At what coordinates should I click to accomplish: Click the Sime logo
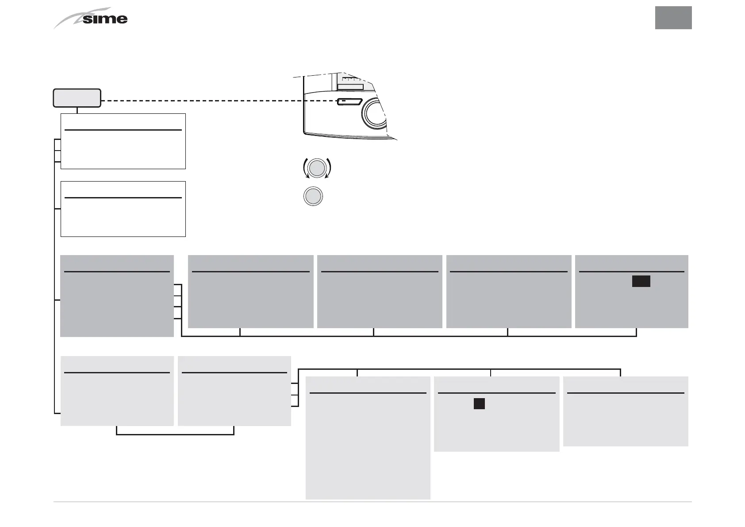(x=91, y=19)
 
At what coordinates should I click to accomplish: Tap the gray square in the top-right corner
(x=673, y=18)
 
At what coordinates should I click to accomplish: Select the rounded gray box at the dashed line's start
(x=77, y=98)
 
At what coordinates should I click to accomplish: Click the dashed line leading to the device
(x=219, y=101)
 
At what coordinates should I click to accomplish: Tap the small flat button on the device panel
(x=349, y=102)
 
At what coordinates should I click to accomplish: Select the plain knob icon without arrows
(x=313, y=196)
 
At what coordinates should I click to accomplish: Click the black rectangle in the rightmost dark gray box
(x=641, y=281)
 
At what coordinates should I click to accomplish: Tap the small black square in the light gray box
(x=479, y=403)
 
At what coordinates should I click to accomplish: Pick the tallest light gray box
(x=368, y=438)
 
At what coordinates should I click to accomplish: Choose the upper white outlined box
(x=123, y=141)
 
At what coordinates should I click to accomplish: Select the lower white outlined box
(x=123, y=209)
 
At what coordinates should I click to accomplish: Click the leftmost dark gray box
(x=117, y=296)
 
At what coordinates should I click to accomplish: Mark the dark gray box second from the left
(x=250, y=291)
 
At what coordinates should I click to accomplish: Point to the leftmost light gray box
(x=117, y=391)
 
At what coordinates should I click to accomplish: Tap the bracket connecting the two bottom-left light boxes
(x=175, y=434)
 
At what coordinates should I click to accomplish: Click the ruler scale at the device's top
(x=353, y=79)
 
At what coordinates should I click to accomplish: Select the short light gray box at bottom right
(x=625, y=411)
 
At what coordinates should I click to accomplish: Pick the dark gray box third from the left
(x=380, y=291)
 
